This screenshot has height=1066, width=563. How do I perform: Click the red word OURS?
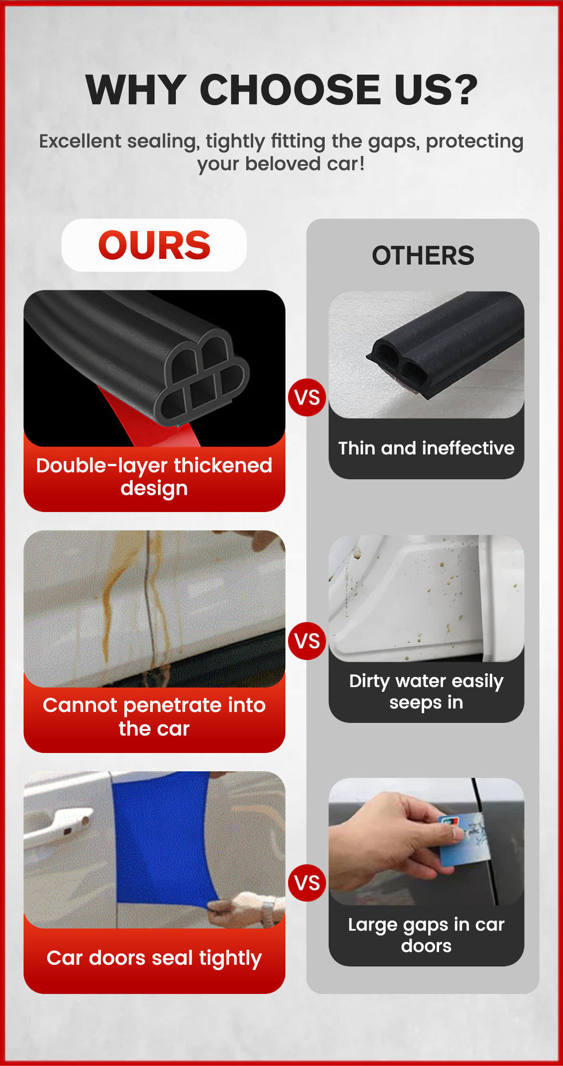pos(154,245)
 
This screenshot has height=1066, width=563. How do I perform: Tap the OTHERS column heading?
pos(423,255)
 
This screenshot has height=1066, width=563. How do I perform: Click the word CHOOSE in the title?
pos(290,89)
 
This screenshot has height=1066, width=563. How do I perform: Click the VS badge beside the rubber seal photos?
pos(307,397)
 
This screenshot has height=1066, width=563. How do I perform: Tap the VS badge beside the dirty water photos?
pos(307,641)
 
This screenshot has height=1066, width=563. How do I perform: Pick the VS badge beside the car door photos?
pos(307,883)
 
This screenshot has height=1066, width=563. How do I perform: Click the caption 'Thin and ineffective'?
pos(426,448)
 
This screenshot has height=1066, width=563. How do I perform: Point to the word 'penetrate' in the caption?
pos(173,706)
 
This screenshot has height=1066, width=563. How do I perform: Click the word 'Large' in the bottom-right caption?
pos(373,925)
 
